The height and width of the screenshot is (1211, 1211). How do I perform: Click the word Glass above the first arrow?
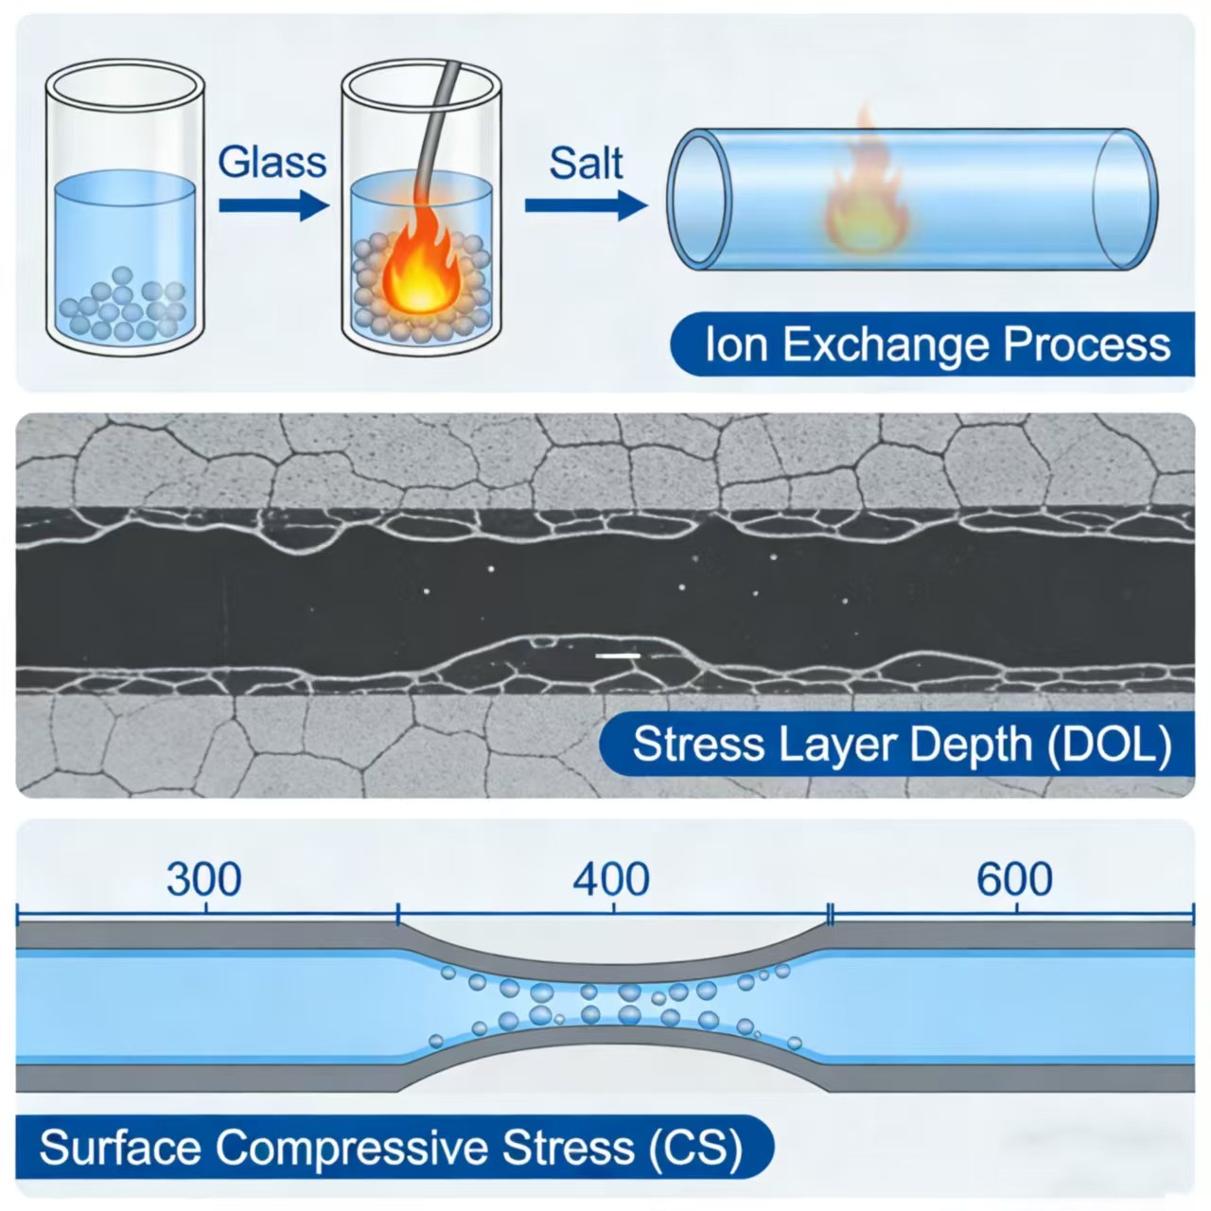pos(272,162)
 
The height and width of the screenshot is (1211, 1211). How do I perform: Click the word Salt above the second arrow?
pos(586,162)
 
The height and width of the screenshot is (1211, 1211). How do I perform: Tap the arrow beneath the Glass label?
pos(273,204)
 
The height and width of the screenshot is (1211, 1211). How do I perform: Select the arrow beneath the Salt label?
pos(586,204)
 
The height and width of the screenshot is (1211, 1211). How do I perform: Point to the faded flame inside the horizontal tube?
pos(866,194)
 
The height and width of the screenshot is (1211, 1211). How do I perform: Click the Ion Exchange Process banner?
pos(932,344)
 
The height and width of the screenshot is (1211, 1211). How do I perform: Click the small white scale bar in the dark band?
pos(618,655)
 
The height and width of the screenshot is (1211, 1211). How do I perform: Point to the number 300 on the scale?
pos(203,879)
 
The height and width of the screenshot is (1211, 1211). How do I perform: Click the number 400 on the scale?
pos(611,879)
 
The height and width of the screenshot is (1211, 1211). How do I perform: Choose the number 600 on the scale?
pos(1014,879)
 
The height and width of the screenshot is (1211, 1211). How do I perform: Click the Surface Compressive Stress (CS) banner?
pos(393,1148)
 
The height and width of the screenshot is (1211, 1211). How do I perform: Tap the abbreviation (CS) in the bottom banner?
pos(695,1148)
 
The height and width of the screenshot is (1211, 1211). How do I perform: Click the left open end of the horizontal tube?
pos(700,200)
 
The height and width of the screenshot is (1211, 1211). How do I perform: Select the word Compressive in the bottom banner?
pos(355,1148)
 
